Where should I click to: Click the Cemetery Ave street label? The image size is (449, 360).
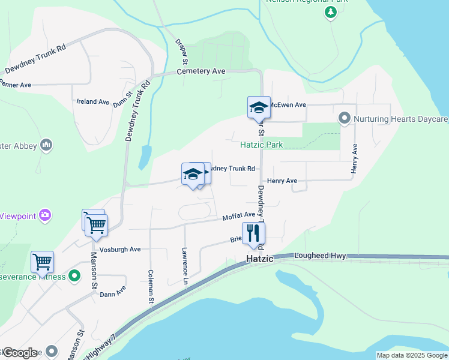pos(201,71)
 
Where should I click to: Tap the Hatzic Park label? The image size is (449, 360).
pos(261,145)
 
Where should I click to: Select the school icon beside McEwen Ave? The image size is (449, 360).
pos(259,107)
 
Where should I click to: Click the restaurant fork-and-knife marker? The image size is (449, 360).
pos(253,233)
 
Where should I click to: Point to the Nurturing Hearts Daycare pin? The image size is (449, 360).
pos(345,118)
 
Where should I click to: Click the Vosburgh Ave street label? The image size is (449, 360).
pos(120,249)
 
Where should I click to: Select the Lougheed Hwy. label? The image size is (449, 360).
pos(321,256)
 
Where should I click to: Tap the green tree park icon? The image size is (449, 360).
pos(330,12)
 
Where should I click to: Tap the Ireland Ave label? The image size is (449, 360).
pos(92,102)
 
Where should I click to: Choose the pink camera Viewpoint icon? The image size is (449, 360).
pos(45,215)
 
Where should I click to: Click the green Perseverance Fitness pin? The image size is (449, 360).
pos(74,276)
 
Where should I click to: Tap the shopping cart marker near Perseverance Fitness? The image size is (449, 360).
pos(42,262)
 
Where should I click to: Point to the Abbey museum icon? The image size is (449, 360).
pos(46,145)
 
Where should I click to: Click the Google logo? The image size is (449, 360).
pos(19,353)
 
